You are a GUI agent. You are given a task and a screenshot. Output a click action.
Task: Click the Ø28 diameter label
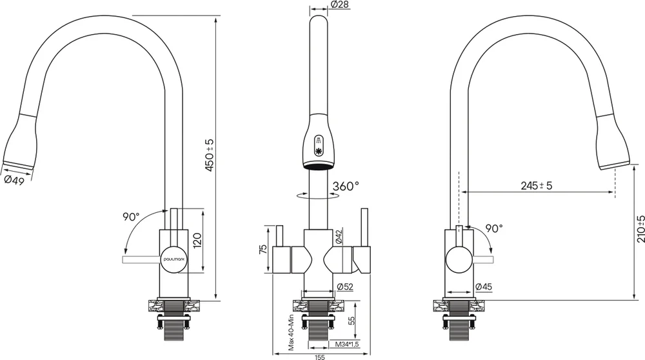point(339,5)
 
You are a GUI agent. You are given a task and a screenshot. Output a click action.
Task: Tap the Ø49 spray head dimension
point(14,181)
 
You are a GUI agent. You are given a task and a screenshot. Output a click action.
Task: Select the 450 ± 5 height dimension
point(210,155)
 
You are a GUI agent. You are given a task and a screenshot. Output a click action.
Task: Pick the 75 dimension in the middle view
point(264,249)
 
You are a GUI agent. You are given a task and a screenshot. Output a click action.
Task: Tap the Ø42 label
point(339,237)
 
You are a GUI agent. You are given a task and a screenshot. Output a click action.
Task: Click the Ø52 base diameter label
point(344,286)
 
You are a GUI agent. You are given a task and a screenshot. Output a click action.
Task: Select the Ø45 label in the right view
point(483,286)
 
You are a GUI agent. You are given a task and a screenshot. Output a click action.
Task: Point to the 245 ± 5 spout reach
point(537,186)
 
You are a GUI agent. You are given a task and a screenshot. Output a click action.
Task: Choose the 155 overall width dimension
point(320,357)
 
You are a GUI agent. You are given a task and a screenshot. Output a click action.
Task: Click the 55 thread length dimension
point(352,321)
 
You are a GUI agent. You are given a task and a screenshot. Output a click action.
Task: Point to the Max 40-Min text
point(292,332)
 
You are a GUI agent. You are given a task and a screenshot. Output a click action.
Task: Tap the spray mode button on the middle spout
point(319,146)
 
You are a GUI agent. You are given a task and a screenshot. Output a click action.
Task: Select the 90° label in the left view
point(131,216)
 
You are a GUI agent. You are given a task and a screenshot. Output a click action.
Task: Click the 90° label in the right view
point(494,228)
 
